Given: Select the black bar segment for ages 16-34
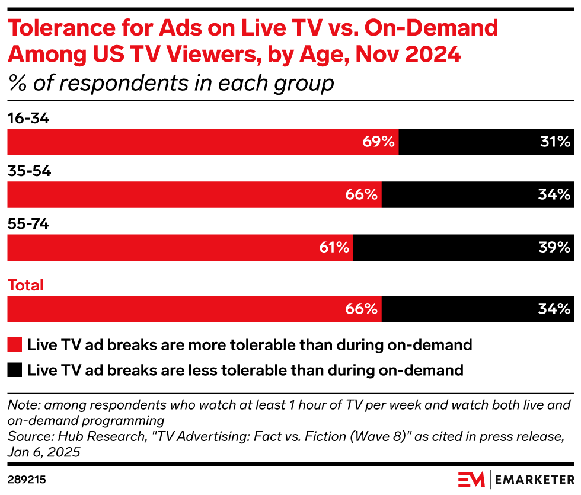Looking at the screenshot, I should coord(486,142).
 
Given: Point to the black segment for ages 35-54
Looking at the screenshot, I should coord(478,194).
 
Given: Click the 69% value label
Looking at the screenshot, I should coord(379,142).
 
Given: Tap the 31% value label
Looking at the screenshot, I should coord(555,142).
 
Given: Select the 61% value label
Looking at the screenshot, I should coord(334,248).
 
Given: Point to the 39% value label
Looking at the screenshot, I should coord(555,248).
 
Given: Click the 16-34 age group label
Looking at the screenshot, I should coord(28,119).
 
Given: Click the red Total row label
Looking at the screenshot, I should coord(25,285).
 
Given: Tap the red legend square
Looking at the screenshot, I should coord(15,344).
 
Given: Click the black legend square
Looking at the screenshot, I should coord(15,371).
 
